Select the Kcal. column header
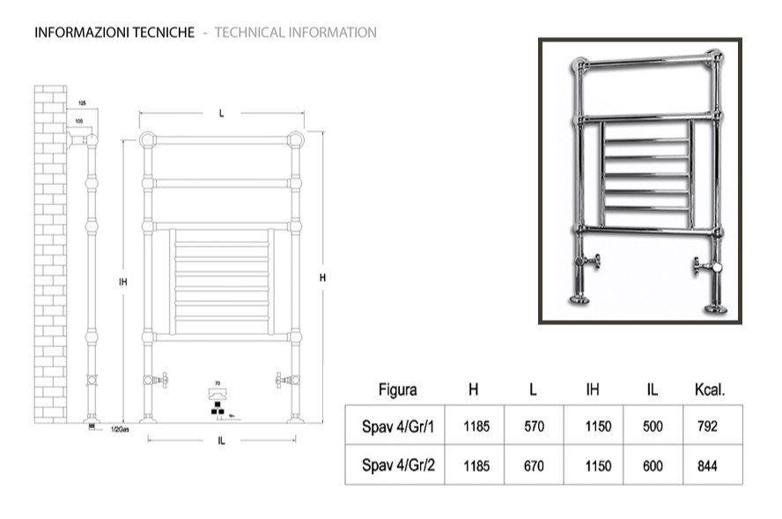click(x=710, y=389)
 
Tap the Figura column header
click(x=397, y=389)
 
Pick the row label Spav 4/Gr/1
click(x=398, y=426)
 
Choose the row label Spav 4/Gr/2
click(x=398, y=466)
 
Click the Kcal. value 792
click(x=706, y=426)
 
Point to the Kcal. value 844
click(x=706, y=466)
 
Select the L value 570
click(x=534, y=426)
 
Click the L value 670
click(x=534, y=466)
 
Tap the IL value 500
click(x=653, y=426)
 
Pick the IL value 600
click(x=653, y=466)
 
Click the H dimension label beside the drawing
click(x=323, y=278)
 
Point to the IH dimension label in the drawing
click(x=123, y=282)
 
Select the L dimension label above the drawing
click(x=222, y=113)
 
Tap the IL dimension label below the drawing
click(x=220, y=441)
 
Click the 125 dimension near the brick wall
click(x=82, y=103)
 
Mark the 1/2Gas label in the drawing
click(x=122, y=430)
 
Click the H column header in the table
click(x=474, y=389)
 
